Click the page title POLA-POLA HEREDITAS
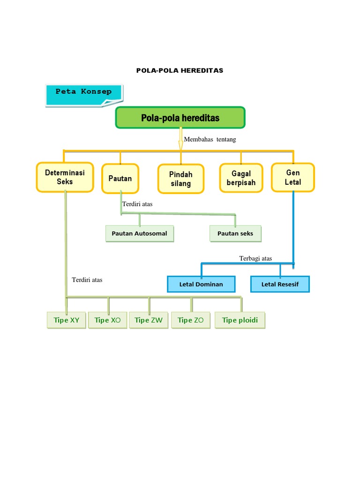[x=180, y=70]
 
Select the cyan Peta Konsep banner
[x=84, y=95]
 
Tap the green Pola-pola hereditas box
[x=180, y=118]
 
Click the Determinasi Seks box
[x=65, y=177]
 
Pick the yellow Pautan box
[x=120, y=179]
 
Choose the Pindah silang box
[x=180, y=179]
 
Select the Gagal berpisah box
[x=241, y=178]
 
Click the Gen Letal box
[x=293, y=178]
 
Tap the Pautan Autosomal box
[x=139, y=233]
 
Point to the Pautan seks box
[x=235, y=233]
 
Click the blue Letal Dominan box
[x=201, y=284]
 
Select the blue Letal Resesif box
[x=280, y=284]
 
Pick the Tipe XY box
[x=67, y=320]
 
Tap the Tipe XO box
[x=108, y=320]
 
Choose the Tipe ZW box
[x=149, y=320]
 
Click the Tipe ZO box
[x=191, y=320]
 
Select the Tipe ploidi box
[x=240, y=320]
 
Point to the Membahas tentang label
[x=210, y=139]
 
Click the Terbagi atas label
[x=255, y=258]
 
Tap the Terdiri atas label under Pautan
[x=137, y=204]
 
